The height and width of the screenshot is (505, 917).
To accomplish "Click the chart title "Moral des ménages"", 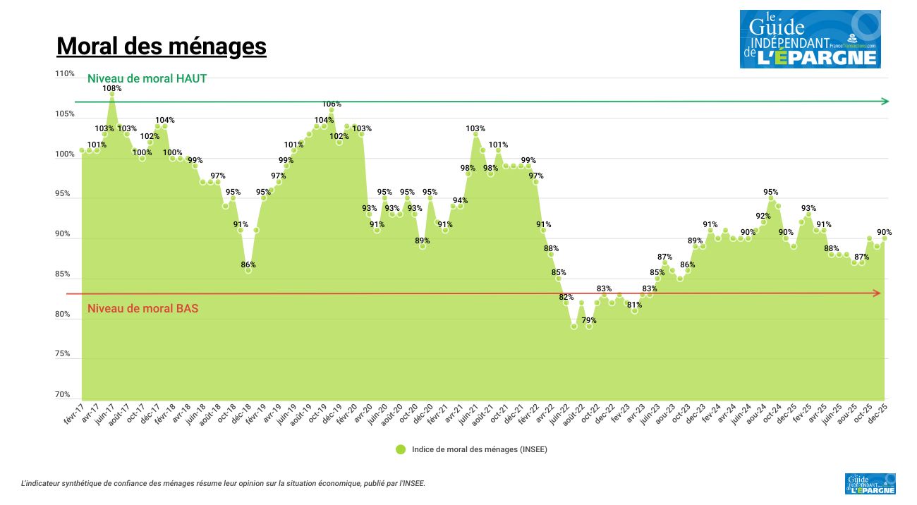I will click(161, 46).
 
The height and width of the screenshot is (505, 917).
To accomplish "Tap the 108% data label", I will click(111, 88).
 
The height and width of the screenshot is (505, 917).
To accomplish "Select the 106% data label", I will click(332, 104).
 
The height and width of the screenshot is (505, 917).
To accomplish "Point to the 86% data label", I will click(248, 264).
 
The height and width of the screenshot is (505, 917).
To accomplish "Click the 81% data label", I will click(634, 305).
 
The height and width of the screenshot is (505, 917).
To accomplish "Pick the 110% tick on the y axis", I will click(64, 73).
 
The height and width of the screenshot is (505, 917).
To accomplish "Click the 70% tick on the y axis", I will click(63, 394).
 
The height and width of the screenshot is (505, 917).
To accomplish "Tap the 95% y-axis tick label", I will click(63, 193).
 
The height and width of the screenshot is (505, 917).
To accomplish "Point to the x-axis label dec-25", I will click(877, 413).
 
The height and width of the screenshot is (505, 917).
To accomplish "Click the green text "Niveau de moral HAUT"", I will click(147, 79).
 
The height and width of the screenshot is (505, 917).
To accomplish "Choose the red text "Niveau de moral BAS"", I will click(142, 308).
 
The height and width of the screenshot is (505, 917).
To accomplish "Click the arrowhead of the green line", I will click(885, 101).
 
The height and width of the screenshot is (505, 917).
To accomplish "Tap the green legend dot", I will click(400, 449).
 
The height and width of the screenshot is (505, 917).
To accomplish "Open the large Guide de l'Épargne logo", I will click(810, 39).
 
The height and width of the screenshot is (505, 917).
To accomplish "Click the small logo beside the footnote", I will click(870, 484).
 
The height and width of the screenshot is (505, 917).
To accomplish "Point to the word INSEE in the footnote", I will click(413, 484).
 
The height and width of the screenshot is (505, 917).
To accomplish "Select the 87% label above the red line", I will click(664, 257).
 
